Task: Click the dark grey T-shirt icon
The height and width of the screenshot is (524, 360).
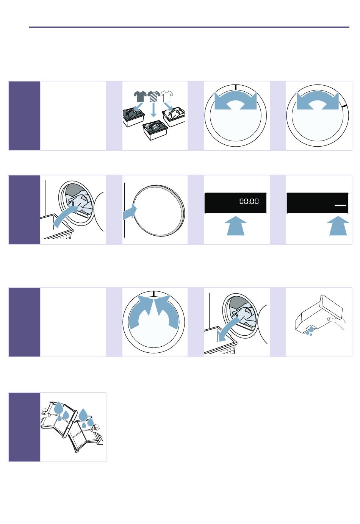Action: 140,96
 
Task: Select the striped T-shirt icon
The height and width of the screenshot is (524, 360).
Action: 154,96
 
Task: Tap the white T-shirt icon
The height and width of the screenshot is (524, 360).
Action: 167,96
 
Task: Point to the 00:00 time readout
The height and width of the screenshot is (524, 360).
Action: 249,201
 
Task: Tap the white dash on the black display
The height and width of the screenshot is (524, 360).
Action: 340,205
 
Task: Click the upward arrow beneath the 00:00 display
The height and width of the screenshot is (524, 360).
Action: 236,226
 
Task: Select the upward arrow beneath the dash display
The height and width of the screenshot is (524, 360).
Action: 338,226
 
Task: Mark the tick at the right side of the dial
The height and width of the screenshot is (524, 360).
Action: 344,106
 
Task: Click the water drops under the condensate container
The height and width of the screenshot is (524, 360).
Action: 310,331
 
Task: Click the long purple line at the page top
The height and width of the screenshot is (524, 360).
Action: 189,27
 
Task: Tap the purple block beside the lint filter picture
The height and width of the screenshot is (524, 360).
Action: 24,427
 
